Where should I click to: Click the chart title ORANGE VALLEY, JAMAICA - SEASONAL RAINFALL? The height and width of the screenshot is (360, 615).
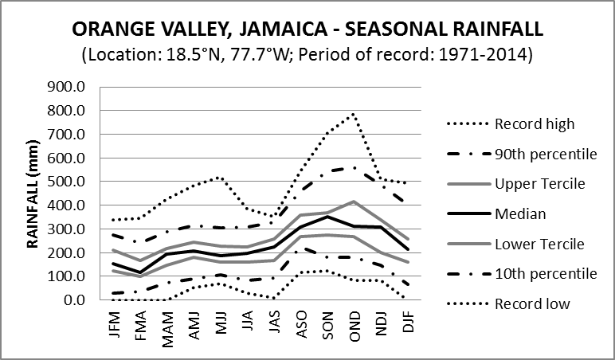[307, 29]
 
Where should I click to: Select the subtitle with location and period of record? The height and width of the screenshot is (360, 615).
[307, 57]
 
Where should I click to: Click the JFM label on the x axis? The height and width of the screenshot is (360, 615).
[115, 324]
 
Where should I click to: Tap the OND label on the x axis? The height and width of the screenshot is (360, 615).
[353, 324]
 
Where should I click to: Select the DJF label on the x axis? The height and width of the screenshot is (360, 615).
[406, 324]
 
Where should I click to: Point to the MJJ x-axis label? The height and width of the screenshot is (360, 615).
[221, 324]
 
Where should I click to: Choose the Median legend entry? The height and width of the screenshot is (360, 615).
[523, 214]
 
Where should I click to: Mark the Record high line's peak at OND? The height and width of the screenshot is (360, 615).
[353, 114]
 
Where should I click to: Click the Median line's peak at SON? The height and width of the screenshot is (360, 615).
[327, 217]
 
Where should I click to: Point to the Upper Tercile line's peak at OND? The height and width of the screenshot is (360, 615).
[353, 202]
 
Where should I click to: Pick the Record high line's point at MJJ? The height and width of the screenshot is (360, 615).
[221, 178]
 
